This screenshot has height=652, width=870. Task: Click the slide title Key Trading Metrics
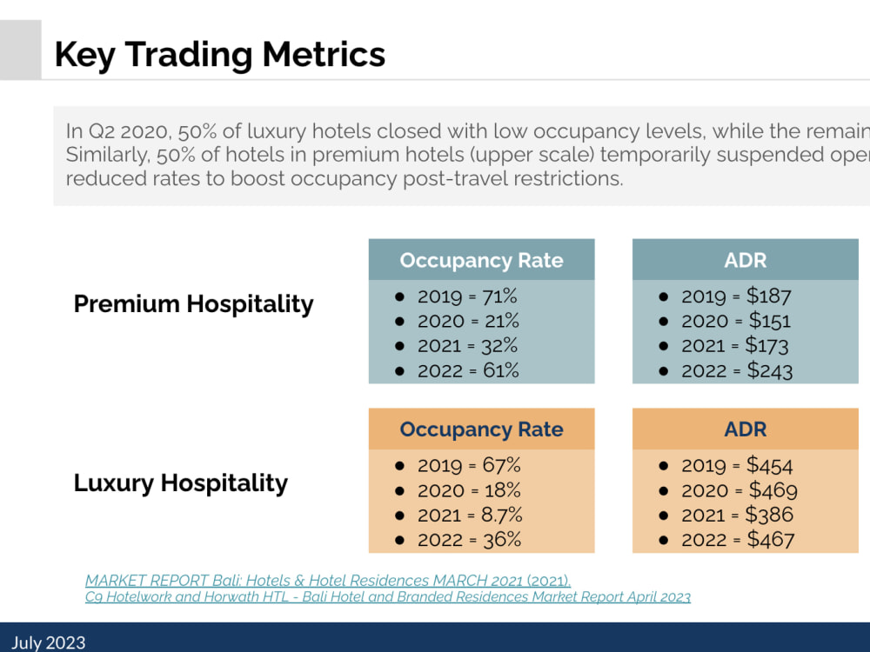pos(220,55)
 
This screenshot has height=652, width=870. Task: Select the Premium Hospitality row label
pos(194,304)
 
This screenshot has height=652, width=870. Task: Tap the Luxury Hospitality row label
pos(181,483)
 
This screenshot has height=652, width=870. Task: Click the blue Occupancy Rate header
pos(482,260)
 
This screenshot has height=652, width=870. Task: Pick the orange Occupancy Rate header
pos(482,429)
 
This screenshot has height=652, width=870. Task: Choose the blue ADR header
pos(746,260)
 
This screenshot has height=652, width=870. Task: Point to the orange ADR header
pos(746,429)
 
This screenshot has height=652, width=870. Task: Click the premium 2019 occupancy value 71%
pos(499,296)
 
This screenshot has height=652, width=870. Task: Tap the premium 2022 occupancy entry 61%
pos(500,370)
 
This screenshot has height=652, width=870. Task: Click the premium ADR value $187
pos(768,296)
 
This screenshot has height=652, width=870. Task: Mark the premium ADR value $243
pos(770,370)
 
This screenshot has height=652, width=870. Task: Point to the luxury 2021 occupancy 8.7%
pos(502,515)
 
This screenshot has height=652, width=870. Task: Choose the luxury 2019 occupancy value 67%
pos(502,465)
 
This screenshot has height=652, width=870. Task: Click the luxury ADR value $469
pos(773,490)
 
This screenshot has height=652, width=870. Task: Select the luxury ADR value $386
pos(769,515)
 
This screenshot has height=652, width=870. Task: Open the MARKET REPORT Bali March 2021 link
pos(328,581)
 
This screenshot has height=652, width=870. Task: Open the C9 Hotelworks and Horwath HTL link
pos(388,597)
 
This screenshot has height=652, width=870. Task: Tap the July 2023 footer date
pos(49,642)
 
